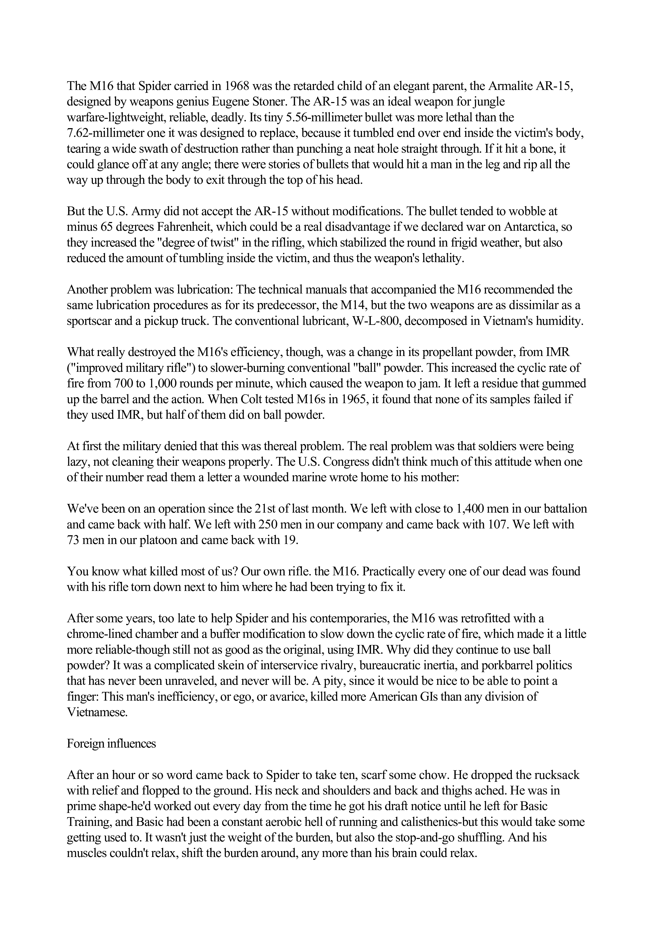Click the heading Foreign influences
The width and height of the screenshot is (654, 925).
pos(111,743)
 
